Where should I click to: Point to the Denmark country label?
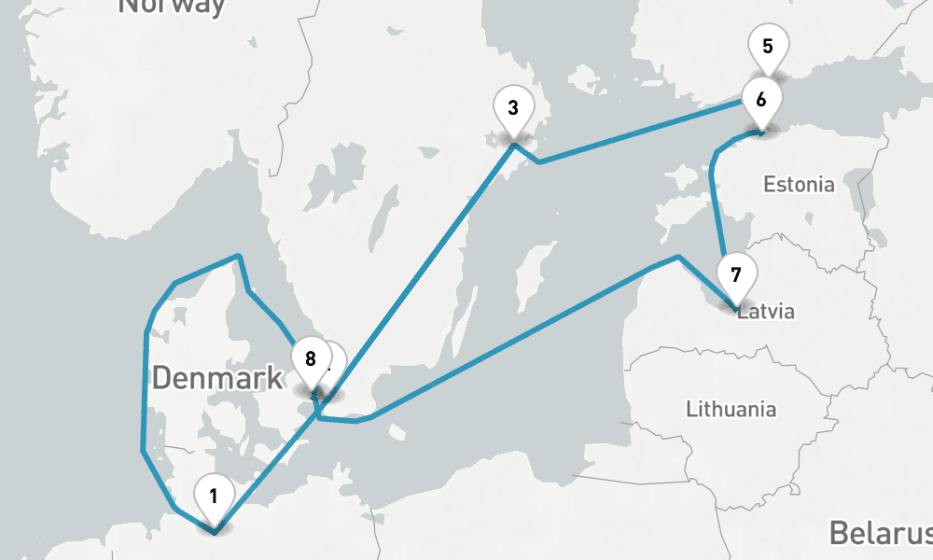tap(216, 378)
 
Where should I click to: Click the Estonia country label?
tap(799, 184)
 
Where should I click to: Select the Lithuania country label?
tap(731, 409)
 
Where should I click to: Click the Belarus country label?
tap(881, 533)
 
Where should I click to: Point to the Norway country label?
tap(173, 6)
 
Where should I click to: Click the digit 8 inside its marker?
tap(311, 358)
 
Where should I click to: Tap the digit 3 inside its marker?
tap(513, 107)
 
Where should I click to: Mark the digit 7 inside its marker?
tap(736, 275)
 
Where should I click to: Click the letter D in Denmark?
tap(161, 378)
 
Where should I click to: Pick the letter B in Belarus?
tap(838, 533)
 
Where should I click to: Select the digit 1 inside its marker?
tap(215, 496)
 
